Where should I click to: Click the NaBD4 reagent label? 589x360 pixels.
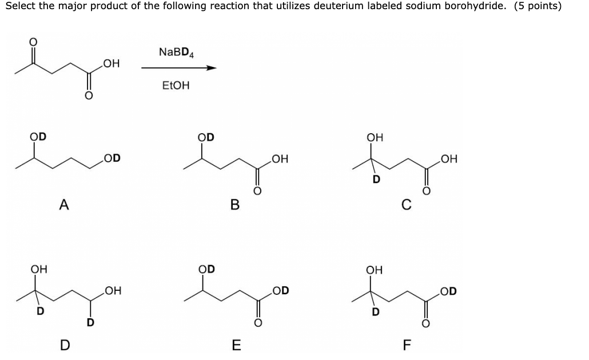point(177,53)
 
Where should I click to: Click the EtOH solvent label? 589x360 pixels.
point(176,86)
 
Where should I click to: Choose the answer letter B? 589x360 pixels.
point(234,204)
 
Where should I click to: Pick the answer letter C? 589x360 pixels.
point(405,204)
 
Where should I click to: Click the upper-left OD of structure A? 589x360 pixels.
point(38,137)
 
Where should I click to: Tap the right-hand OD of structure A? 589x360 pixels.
point(112,158)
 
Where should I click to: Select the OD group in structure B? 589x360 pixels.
point(206,137)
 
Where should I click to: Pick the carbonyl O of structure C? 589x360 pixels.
point(425,191)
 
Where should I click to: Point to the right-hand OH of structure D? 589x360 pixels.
point(112,293)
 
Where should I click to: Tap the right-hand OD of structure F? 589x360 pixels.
point(449,291)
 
